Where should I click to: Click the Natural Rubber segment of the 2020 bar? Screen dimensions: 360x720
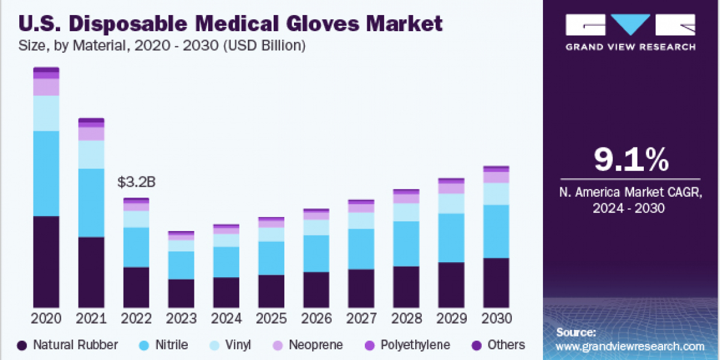[46, 262]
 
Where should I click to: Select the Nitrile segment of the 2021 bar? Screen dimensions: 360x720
[91, 203]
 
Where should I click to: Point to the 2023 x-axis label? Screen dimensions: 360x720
[181, 318]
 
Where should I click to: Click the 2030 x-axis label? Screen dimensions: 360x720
[496, 318]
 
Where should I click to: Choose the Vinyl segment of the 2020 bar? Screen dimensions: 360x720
[46, 113]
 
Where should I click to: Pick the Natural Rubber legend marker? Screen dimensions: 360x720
[22, 345]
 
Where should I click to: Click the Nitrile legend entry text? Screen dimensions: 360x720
[172, 345]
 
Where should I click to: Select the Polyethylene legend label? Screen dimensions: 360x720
[414, 345]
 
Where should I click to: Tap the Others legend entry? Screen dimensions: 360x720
[506, 345]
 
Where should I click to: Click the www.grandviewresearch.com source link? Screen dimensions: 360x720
[630, 346]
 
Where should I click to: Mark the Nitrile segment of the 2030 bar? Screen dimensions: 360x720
[496, 231]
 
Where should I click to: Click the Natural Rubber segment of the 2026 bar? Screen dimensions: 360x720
[316, 290]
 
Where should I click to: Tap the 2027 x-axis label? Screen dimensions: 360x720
[361, 318]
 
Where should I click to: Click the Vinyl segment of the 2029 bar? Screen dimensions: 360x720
[451, 203]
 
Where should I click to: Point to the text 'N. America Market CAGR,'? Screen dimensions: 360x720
[631, 193]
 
